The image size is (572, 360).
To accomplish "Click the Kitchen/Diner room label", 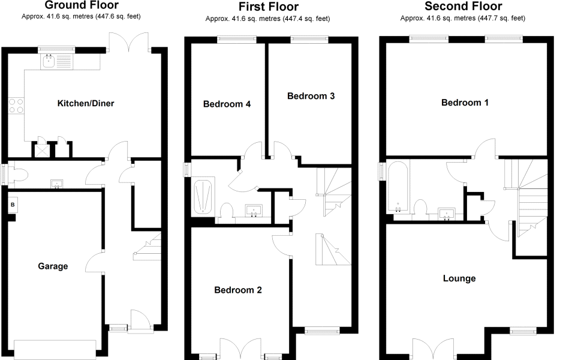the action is click(x=86, y=103).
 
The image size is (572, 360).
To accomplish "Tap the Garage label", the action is click(x=53, y=266).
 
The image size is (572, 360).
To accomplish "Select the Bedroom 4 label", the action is click(x=227, y=104).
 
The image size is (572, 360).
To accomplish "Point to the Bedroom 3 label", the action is click(x=311, y=96).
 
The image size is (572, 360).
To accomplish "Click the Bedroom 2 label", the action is click(x=238, y=290).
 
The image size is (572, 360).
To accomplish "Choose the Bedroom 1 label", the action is click(x=465, y=103).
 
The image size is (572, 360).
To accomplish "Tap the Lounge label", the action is click(x=459, y=278).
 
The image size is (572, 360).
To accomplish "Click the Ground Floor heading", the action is click(x=82, y=5).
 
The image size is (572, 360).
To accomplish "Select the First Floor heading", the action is click(x=269, y=7).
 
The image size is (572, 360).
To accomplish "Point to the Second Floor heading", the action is click(x=463, y=6).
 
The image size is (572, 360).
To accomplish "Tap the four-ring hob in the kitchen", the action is click(x=16, y=106).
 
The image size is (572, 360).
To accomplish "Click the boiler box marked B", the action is click(x=13, y=205).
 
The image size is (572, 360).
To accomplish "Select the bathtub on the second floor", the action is click(x=398, y=187).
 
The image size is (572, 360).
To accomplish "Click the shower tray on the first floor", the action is click(x=203, y=197).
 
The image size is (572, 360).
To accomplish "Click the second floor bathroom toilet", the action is click(x=421, y=209).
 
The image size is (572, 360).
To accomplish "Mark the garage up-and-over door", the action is click(x=55, y=349).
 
